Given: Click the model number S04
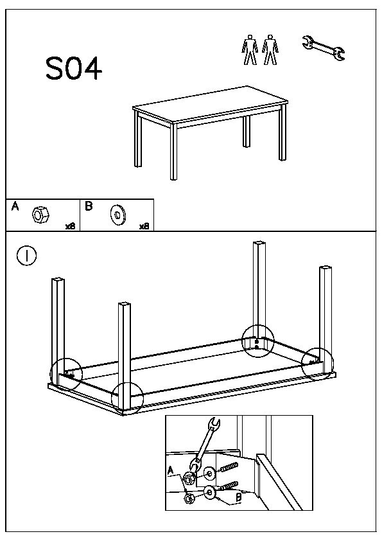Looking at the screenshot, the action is pos(74,69).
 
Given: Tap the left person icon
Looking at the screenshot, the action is pos(250,49).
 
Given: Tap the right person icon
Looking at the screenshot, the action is pos(270,49).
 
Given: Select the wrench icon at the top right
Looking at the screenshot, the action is pos(324,48).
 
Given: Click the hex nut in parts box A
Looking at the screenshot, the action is pos(40,215).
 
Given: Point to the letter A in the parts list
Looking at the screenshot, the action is pos(15,206).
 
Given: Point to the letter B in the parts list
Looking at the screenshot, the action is pos(89,206).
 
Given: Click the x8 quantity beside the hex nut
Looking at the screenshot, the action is pos(71,226).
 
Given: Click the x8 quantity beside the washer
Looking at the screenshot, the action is pos(144,226).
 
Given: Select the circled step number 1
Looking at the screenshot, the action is pos(26,256).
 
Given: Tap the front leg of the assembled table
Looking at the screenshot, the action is pos(173,151).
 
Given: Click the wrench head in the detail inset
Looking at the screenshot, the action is pos(214,425).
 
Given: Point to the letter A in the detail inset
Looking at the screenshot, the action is pos(170,471).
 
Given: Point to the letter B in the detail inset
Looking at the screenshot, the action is pos(238,497).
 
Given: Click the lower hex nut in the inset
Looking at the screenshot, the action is pos(189,498).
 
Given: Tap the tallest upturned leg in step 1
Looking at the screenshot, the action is pos(259,293).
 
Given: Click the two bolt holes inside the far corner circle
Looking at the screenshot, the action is pos(257,344).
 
